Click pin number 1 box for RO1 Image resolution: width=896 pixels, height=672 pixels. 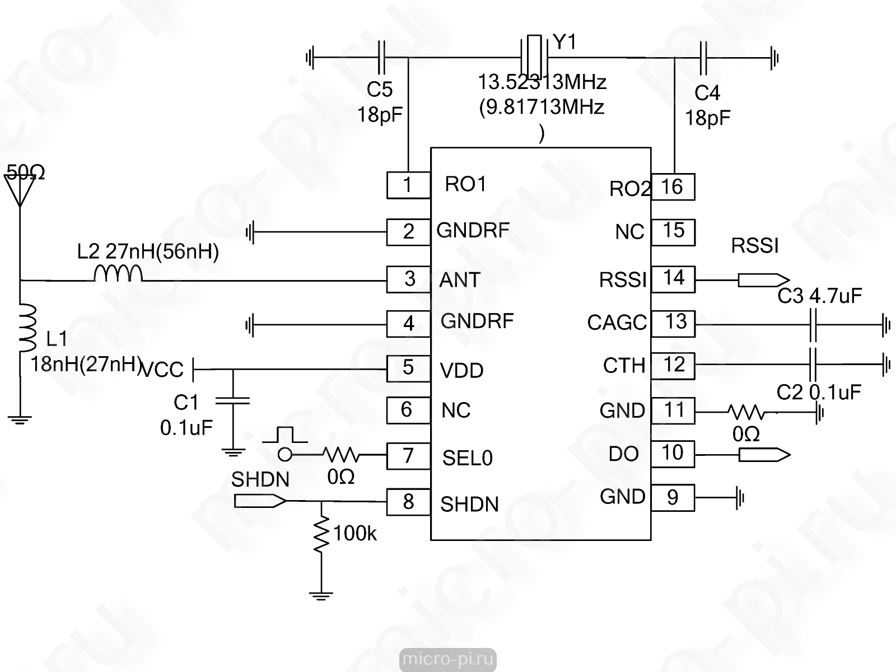coord(409,185)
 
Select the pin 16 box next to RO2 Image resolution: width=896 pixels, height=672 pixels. coord(673,187)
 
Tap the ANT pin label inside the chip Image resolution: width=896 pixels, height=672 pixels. coord(460,280)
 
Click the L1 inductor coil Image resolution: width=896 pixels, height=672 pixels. coord(28,328)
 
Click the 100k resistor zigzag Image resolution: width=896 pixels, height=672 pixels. coord(321,534)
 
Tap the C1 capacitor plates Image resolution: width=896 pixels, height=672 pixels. coord(232,400)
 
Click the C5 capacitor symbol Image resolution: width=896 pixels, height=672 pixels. coord(381,57)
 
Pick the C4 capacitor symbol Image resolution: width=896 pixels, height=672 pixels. coord(703,58)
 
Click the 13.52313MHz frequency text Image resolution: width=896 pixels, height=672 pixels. coord(542,82)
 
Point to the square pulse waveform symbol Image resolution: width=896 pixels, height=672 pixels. coord(285,435)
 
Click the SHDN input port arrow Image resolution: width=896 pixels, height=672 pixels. coord(260,501)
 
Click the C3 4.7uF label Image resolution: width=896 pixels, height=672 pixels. coord(820,296)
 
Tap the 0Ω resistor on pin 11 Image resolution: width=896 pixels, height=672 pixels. coord(746,412)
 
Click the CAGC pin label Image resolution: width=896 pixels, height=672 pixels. coord(617,323)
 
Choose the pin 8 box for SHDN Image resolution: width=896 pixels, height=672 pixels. coord(409,502)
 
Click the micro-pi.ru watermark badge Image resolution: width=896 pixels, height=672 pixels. coord(448,659)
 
